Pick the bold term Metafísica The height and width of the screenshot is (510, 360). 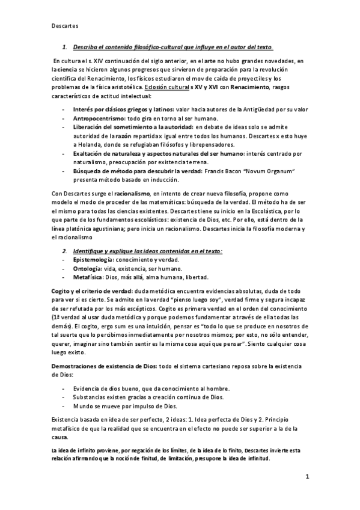[x=91, y=277]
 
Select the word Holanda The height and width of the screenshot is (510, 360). [x=94, y=145]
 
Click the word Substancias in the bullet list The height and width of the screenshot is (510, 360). [x=92, y=397]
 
